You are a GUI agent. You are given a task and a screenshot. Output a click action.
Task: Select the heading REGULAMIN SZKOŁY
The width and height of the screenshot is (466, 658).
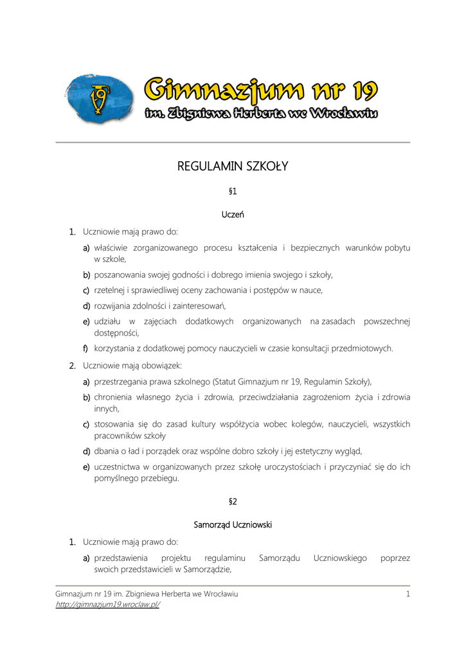(233, 167)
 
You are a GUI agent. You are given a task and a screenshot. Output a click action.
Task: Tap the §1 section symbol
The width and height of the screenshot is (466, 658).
(233, 192)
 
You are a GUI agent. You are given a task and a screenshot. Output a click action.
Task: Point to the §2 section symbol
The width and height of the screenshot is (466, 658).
(233, 501)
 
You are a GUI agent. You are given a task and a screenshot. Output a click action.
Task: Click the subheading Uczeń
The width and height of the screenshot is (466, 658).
(233, 215)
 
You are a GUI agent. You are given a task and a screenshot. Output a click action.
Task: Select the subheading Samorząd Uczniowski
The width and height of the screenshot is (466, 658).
(233, 524)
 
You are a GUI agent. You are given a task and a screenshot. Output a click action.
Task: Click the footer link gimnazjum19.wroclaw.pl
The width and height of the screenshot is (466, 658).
(107, 605)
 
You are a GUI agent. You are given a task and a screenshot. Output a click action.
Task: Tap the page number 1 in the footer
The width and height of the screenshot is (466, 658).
(408, 594)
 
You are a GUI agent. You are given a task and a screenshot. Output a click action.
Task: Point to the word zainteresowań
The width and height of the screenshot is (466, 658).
(199, 305)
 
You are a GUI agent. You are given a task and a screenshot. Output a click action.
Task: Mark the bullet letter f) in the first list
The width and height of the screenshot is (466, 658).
(85, 348)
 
